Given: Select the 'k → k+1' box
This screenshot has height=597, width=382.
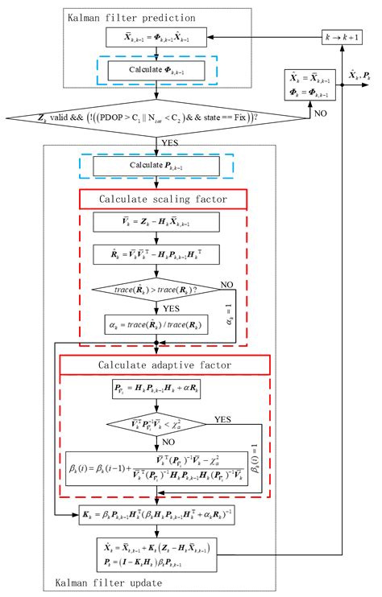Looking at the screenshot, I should point(338,38).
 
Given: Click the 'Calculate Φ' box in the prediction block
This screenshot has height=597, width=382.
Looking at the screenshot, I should point(156,68).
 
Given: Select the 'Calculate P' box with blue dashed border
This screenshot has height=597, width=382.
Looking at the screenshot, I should point(156,167).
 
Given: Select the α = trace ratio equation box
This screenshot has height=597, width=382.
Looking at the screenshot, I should point(156,323).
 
